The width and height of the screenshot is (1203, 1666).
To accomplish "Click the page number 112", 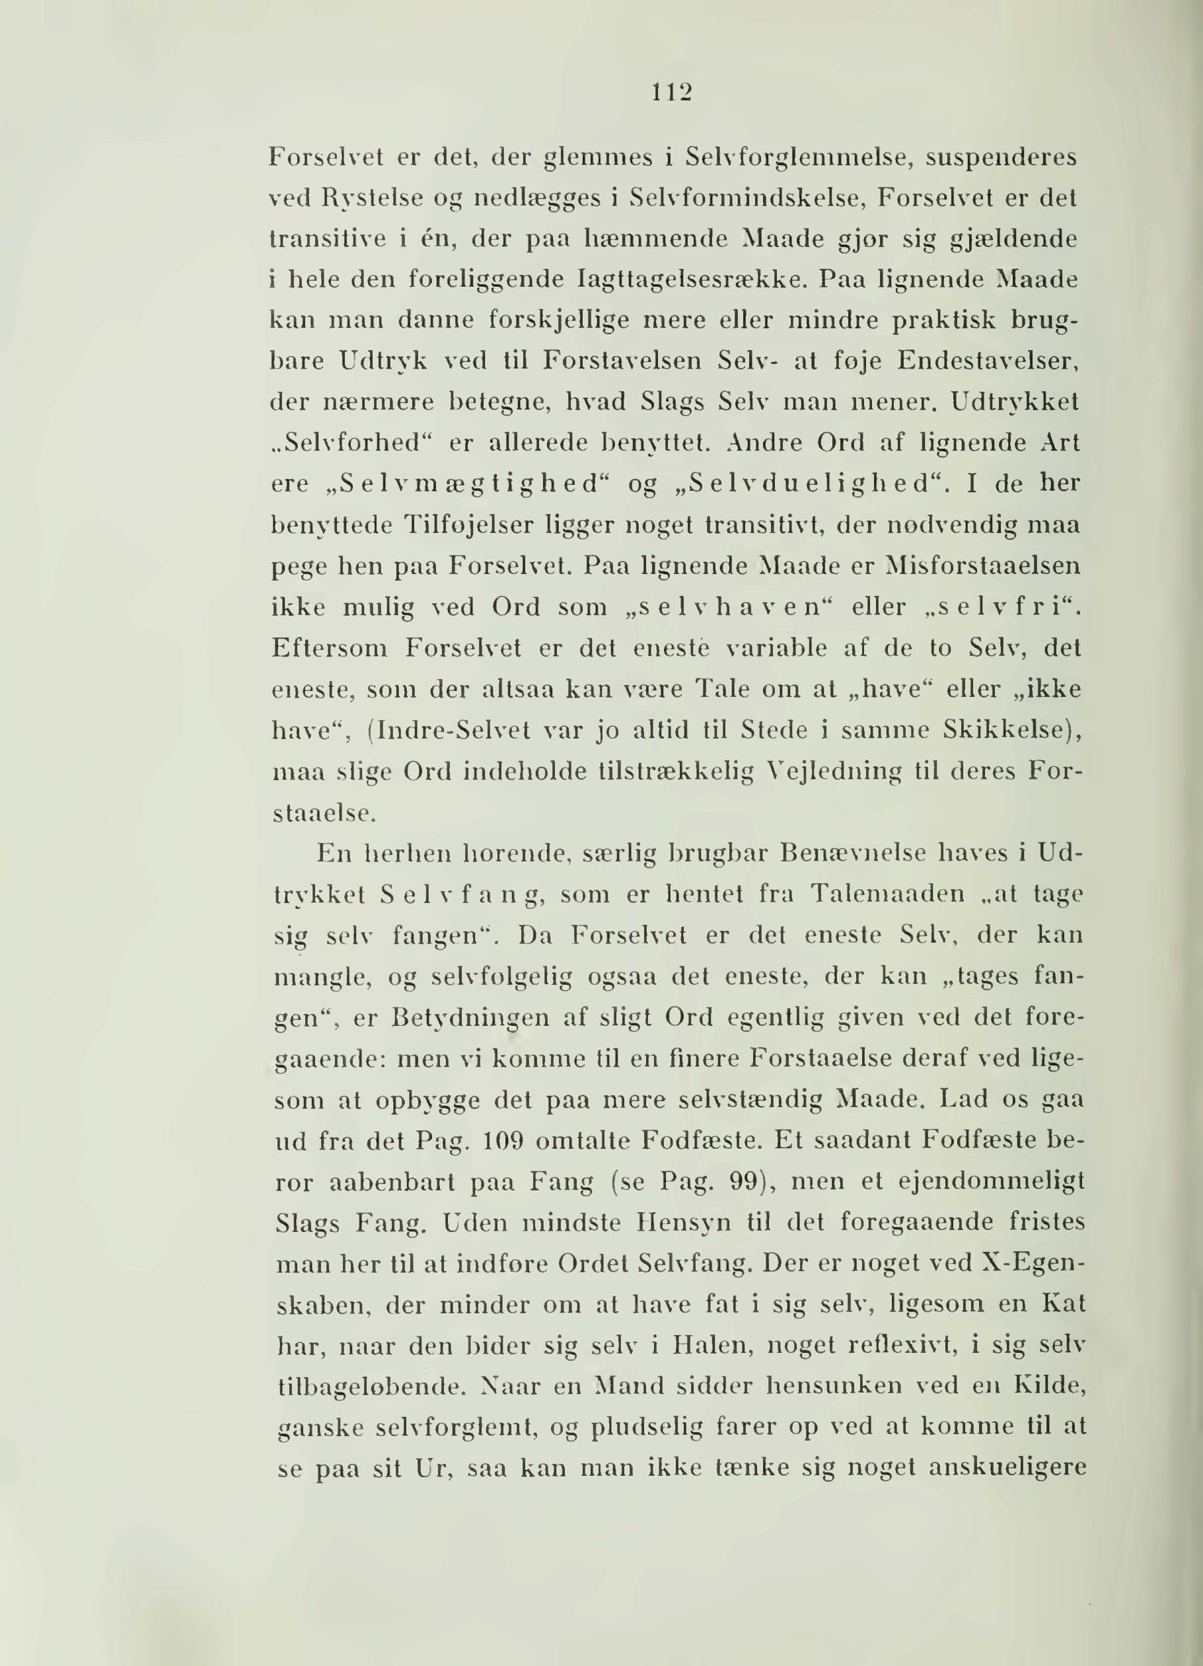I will [x=671, y=93].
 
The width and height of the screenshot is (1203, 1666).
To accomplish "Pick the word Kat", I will [x=1062, y=1305].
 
